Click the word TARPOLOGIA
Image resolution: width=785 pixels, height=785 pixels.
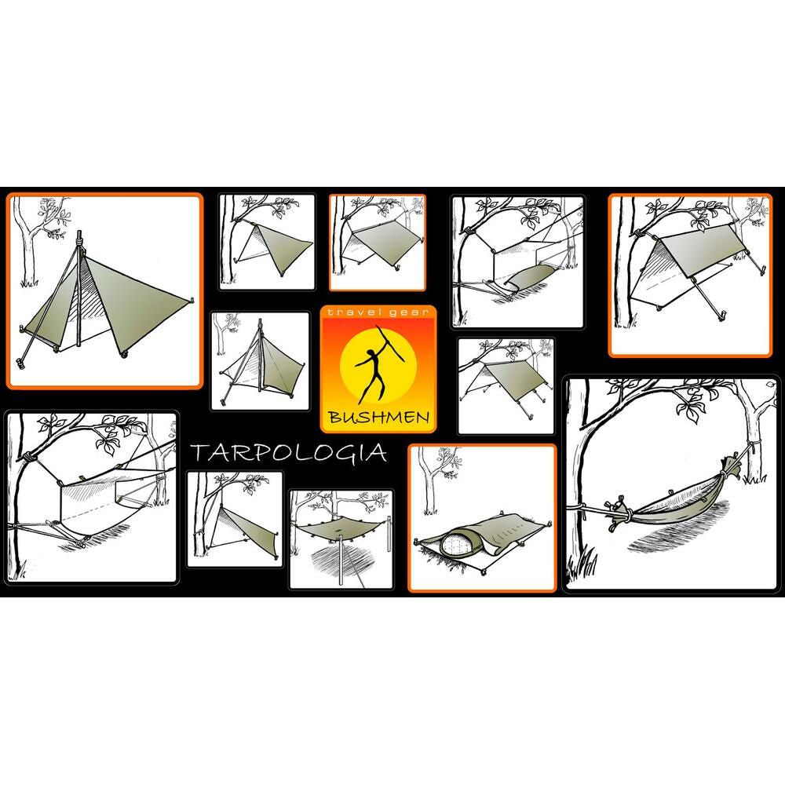coord(287,453)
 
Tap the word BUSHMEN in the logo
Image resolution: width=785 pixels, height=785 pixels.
coord(378,417)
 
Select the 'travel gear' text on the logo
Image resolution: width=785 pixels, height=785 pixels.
coord(378,313)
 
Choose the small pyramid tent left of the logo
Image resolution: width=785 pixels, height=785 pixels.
coord(263,365)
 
